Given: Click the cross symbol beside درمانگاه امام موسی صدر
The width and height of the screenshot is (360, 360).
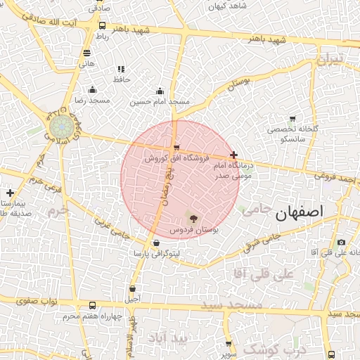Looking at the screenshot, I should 233,155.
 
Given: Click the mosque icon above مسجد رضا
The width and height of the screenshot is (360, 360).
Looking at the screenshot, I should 92,89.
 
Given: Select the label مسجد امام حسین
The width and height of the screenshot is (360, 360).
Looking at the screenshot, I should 160,102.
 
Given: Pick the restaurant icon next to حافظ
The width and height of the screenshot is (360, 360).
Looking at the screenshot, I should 121,70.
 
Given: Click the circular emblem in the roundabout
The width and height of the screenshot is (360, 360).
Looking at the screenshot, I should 59,127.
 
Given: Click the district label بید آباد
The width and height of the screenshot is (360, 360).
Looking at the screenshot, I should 169,338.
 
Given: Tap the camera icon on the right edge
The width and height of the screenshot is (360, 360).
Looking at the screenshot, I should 341,243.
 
